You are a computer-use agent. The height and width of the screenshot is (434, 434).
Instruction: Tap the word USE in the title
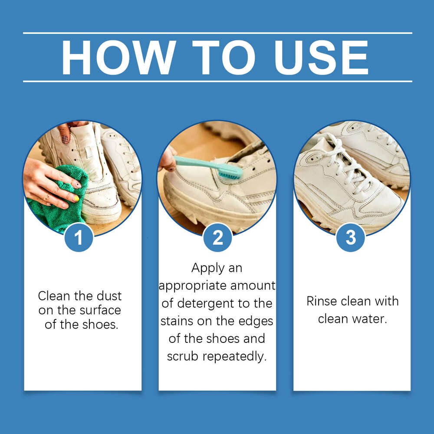[x=321, y=58]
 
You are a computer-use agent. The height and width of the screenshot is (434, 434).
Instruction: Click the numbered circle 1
[x=79, y=237]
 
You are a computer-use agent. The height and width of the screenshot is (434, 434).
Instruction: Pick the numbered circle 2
[x=217, y=237]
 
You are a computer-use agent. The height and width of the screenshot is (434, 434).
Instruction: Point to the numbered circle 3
[x=351, y=237]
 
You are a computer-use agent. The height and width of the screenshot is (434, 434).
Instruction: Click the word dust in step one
[x=107, y=296]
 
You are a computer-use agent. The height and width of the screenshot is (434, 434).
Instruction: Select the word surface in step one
[x=101, y=310]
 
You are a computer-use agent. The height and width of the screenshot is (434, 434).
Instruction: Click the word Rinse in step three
[x=321, y=302]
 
